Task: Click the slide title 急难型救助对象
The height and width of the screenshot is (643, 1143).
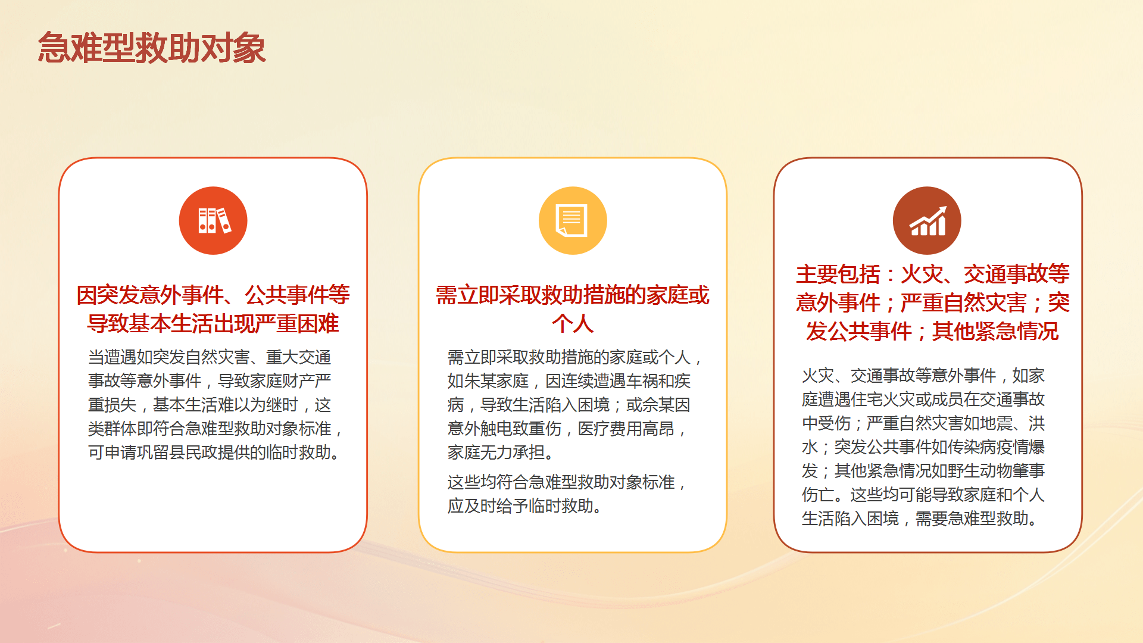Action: (152, 48)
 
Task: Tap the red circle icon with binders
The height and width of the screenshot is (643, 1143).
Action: (213, 220)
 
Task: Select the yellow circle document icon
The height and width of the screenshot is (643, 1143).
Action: (573, 220)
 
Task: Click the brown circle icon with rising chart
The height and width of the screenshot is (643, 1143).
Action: (927, 220)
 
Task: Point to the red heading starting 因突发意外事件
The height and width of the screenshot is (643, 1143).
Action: (213, 309)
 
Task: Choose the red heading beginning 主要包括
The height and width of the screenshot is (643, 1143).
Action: (933, 302)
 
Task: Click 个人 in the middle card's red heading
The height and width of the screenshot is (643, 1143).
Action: (573, 323)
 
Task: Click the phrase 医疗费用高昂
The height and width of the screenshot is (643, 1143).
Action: (626, 429)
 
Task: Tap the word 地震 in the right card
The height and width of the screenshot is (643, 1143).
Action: (996, 423)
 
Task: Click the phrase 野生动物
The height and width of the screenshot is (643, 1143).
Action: (980, 471)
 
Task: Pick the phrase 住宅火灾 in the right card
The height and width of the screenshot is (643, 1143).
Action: (883, 399)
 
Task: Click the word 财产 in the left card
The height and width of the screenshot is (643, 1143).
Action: (299, 381)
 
